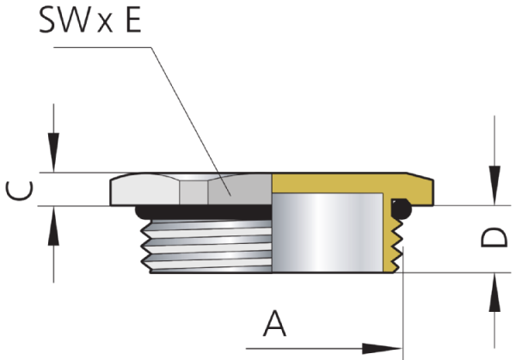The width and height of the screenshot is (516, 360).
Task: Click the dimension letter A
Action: pyautogui.click(x=273, y=326)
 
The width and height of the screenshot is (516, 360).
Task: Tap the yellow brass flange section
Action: pyautogui.click(x=353, y=183)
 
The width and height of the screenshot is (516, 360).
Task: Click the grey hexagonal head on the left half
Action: pyautogui.click(x=189, y=189)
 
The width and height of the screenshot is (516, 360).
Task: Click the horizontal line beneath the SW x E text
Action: pyautogui.click(x=103, y=47)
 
